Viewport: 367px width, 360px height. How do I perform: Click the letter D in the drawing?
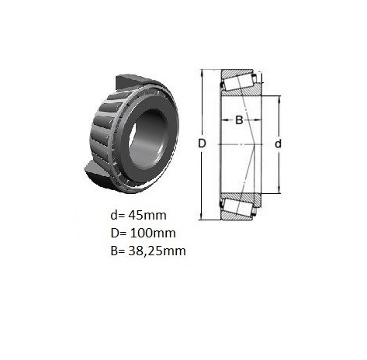coord(202,144)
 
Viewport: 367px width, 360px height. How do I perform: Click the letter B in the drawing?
coord(239,120)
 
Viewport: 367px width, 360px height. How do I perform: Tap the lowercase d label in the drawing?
coord(278,144)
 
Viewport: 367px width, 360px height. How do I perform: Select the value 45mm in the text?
coord(147,215)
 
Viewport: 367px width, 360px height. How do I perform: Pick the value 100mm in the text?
coord(153,233)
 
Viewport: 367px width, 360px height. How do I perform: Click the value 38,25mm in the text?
coord(157,251)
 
